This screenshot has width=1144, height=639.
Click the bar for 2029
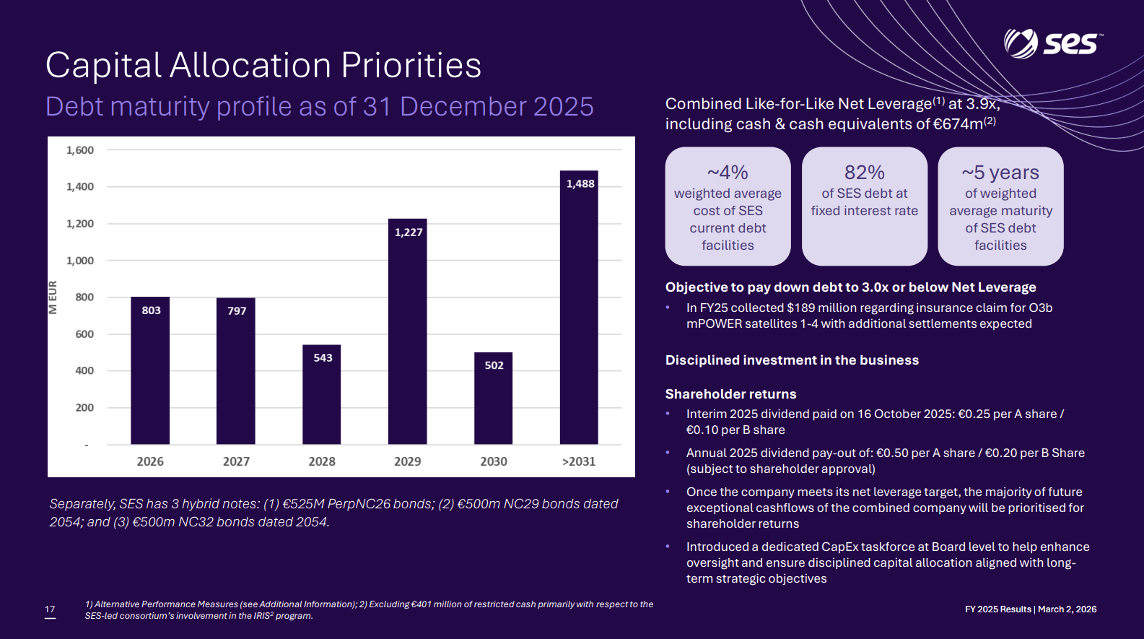407,331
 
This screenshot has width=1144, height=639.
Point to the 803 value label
151,310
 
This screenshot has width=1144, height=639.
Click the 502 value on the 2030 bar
494,365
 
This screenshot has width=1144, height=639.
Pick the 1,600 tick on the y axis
80,150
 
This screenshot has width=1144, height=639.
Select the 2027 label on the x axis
236,461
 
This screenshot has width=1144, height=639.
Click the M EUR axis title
53,297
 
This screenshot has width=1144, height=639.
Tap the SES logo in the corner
1052,43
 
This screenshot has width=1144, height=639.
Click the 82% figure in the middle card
864,173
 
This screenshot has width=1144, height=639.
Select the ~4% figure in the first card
728,173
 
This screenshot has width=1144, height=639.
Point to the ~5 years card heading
1000,173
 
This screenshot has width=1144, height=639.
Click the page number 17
50,609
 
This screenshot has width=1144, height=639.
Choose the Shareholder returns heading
730,394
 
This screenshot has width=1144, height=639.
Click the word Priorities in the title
411,66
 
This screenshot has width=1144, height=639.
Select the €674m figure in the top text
958,124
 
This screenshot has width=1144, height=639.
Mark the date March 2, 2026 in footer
1067,609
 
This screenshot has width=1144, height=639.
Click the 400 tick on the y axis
84,370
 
